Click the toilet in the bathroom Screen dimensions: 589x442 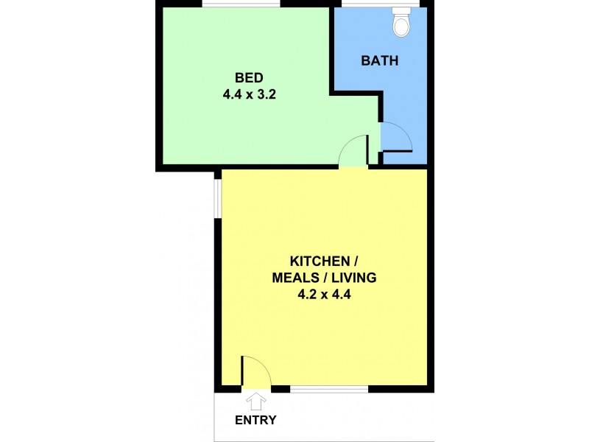[x=401, y=22]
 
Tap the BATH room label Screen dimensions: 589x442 [x=379, y=60]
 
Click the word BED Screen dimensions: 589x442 [x=249, y=78]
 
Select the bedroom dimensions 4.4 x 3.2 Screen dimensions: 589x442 [x=250, y=94]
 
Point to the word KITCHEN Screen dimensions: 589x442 [x=320, y=261]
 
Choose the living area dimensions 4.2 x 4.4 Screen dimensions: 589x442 [x=324, y=294]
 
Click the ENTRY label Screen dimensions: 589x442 [x=255, y=420]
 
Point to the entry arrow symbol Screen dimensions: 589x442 [x=255, y=401]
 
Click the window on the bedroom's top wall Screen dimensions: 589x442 [x=241, y=4]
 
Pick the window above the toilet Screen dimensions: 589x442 [x=380, y=4]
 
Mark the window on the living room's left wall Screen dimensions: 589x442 [x=217, y=198]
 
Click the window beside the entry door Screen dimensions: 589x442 [x=329, y=390]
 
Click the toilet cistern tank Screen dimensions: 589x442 [x=401, y=11]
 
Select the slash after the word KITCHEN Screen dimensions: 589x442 [x=355, y=261]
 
